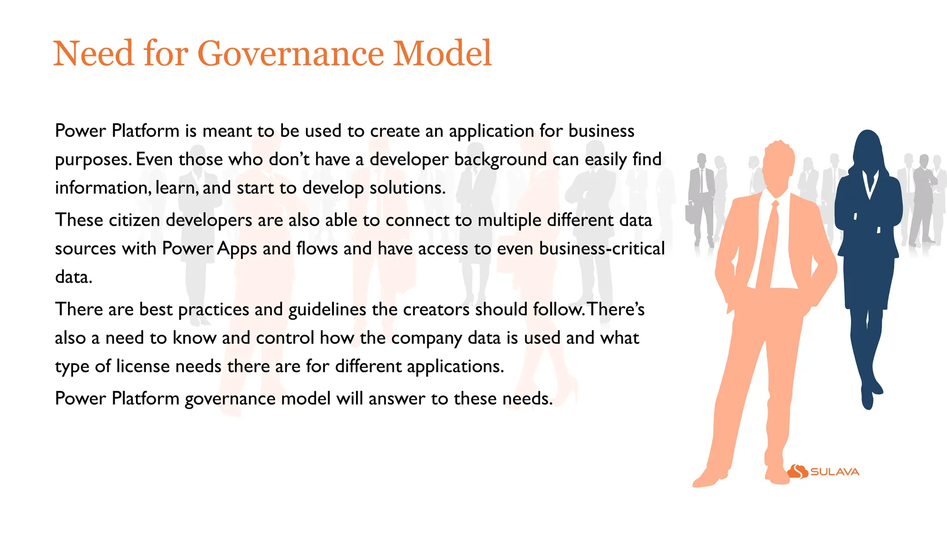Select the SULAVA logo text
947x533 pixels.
(835, 472)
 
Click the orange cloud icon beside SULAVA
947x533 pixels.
(798, 471)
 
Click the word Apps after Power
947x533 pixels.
(236, 249)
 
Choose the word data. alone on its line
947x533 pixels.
(74, 277)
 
